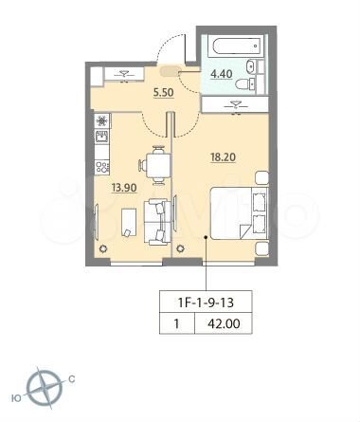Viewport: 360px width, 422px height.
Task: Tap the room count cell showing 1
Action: coord(176,326)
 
